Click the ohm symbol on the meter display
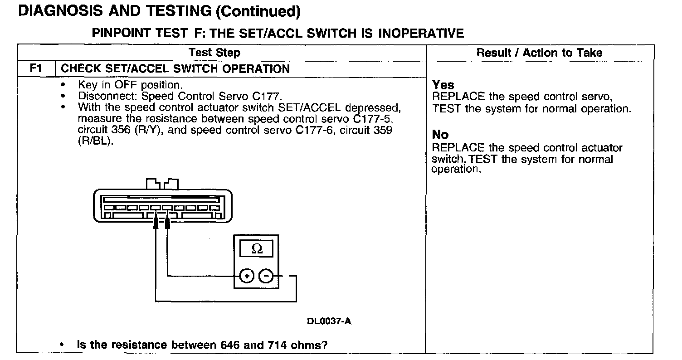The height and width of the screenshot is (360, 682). [x=256, y=249]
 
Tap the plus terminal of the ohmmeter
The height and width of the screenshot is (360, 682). [x=247, y=276]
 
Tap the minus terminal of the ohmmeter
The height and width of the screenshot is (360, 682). [x=266, y=276]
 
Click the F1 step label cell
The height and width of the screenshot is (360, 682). [x=36, y=69]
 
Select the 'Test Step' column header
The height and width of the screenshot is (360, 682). [x=214, y=53]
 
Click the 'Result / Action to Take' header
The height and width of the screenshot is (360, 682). [x=539, y=53]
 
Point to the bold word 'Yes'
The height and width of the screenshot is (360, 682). [x=443, y=85]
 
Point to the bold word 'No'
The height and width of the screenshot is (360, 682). [x=440, y=135]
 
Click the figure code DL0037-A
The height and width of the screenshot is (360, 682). [x=329, y=321]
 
